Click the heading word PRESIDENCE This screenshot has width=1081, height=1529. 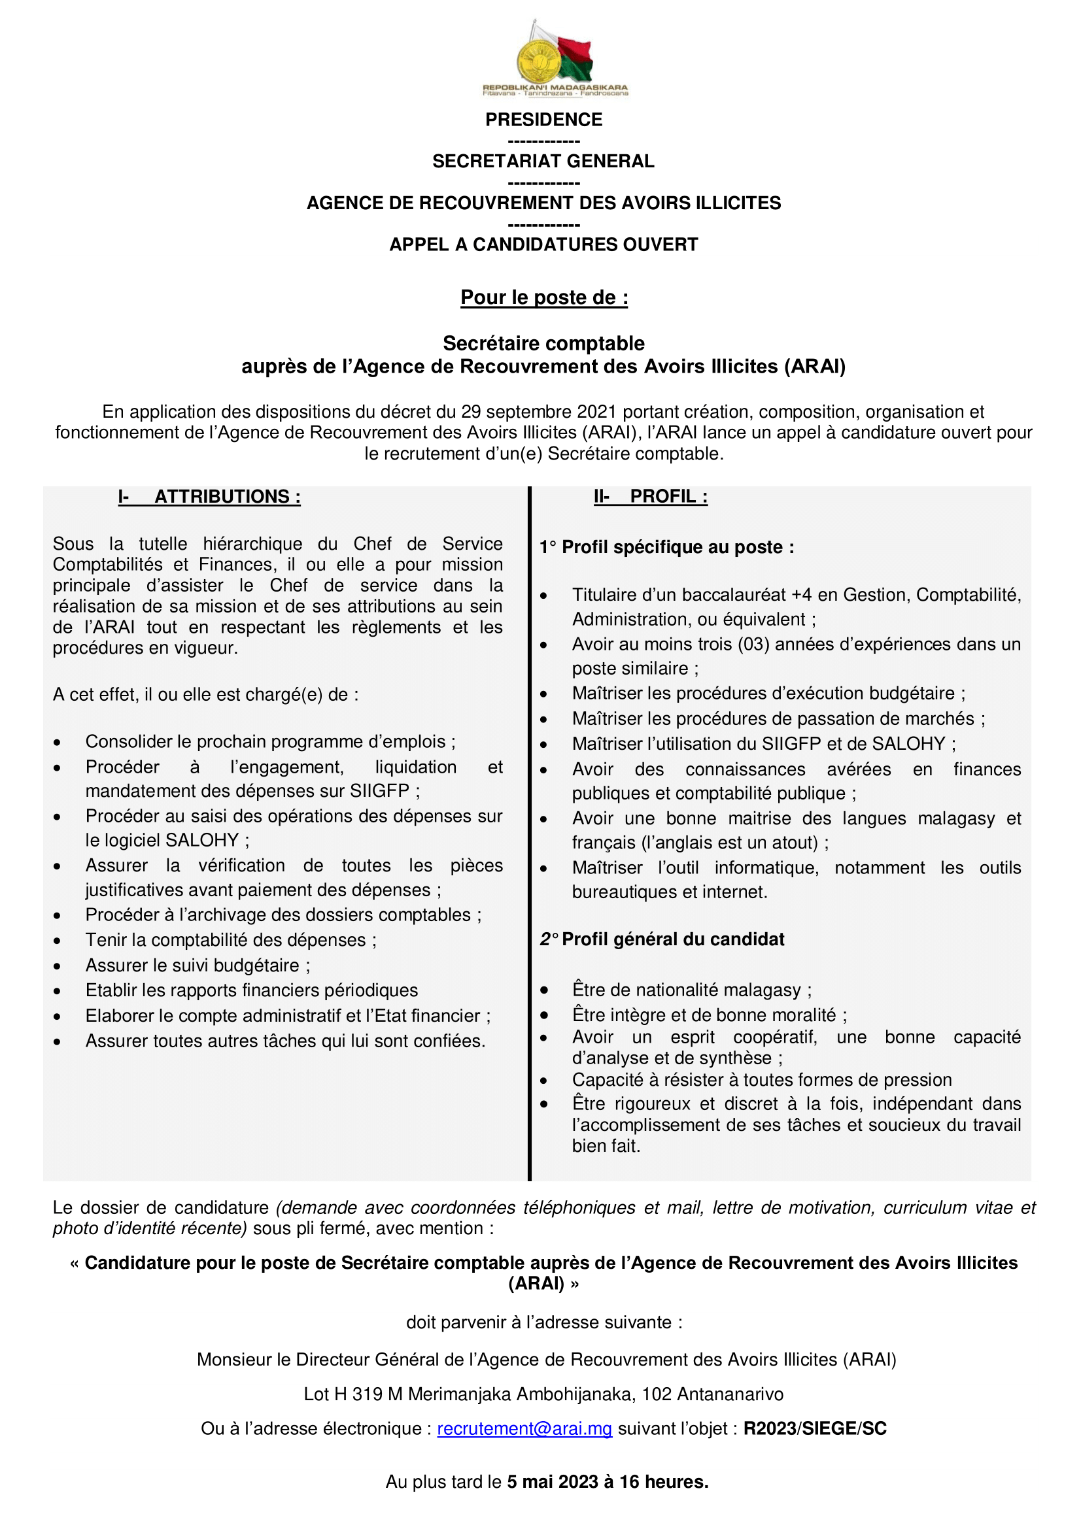click(543, 120)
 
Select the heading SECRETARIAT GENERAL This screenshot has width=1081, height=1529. click(543, 161)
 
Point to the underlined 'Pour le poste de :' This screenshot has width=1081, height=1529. click(544, 297)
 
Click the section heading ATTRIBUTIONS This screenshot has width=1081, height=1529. click(227, 497)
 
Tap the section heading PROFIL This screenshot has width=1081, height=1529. click(668, 497)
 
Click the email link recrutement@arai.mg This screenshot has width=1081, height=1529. click(524, 1429)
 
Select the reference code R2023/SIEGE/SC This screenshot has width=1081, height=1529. click(815, 1429)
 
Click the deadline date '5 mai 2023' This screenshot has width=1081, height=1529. click(552, 1482)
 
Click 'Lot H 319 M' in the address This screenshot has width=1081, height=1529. click(353, 1394)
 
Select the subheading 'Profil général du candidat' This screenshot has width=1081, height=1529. click(673, 939)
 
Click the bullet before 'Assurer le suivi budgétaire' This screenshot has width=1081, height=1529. click(58, 966)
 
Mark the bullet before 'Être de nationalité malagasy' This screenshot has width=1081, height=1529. click(544, 991)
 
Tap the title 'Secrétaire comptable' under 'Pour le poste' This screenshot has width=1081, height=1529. click(543, 344)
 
